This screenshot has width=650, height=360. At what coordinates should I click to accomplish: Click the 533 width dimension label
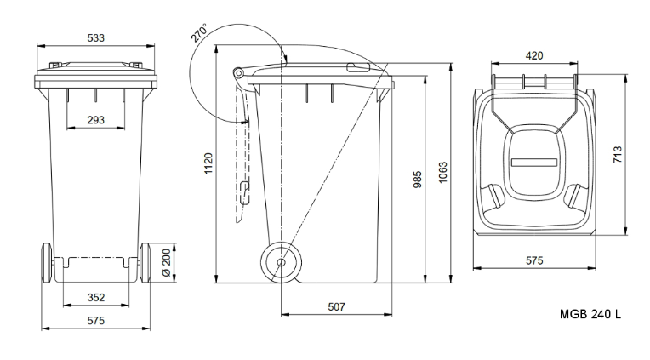[95, 37]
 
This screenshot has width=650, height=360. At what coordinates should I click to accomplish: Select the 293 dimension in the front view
[95, 120]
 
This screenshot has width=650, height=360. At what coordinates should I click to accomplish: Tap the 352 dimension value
[95, 297]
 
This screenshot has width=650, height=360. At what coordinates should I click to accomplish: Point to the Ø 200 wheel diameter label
[166, 263]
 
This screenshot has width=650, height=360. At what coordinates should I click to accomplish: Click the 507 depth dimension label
[335, 306]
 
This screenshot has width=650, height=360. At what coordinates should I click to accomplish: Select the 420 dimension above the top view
[534, 56]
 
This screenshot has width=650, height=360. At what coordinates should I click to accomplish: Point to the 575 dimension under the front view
[95, 321]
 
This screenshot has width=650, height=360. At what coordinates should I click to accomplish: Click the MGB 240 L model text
[590, 313]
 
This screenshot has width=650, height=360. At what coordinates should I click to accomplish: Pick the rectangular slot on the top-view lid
[533, 159]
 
